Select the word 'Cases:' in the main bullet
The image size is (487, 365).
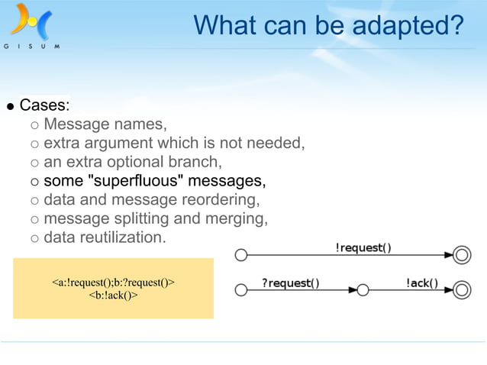coord(45,105)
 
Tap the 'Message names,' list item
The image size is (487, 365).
coord(105,124)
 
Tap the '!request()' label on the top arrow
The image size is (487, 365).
coord(363,247)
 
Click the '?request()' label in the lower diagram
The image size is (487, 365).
coord(291,283)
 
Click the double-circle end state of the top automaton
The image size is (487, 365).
coord(462,255)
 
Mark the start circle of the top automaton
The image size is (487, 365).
coord(241,255)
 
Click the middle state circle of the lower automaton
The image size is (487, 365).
coord(363,290)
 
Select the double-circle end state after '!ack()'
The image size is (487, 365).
coord(462,290)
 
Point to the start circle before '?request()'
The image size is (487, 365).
coord(241,290)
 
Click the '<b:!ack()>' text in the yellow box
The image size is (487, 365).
coord(114,295)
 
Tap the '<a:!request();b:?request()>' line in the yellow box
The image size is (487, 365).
coord(114,283)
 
